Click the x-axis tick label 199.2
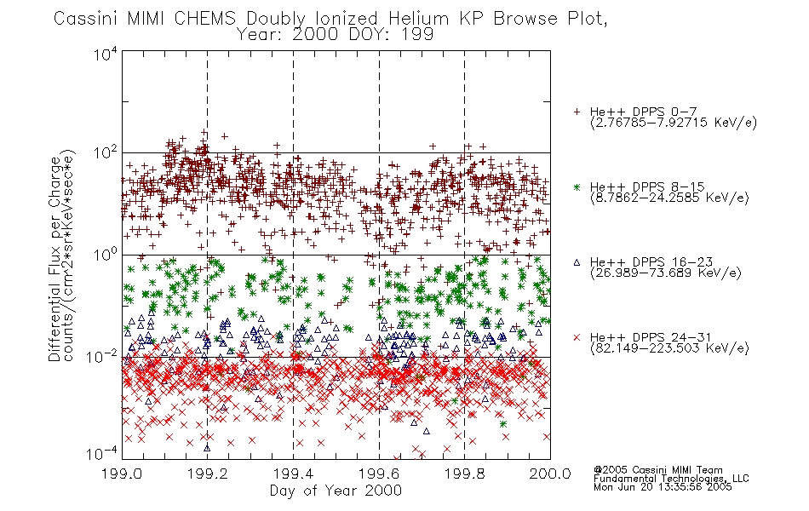[x=208, y=474]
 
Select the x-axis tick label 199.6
[x=379, y=474]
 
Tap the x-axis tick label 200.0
[x=550, y=474]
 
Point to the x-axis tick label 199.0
[x=122, y=474]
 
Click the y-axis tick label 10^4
[x=106, y=54]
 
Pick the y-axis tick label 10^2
[x=106, y=153]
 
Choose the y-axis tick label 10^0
[x=106, y=255]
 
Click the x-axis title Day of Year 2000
[x=336, y=491]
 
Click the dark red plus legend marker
[x=577, y=112]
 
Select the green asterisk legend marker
[x=577, y=187]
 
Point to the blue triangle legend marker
[x=577, y=262]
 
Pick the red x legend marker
[x=577, y=337]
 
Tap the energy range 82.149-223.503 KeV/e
[x=669, y=348]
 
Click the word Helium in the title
[x=419, y=19]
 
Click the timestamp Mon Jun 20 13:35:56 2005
[x=663, y=487]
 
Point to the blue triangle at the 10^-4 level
[x=207, y=448]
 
